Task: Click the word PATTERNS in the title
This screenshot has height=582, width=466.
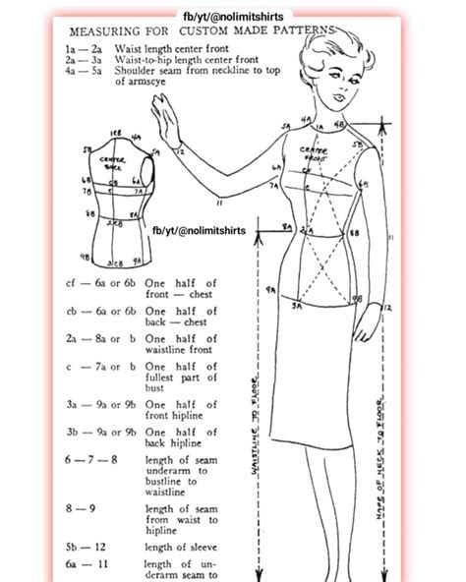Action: click(297, 30)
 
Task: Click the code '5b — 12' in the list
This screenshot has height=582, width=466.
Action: click(87, 547)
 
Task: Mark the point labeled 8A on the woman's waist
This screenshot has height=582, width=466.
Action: click(285, 227)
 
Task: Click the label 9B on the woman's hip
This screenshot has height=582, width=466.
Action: click(358, 298)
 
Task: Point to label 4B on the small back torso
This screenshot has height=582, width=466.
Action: click(86, 259)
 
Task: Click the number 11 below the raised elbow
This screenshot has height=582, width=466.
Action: click(218, 203)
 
